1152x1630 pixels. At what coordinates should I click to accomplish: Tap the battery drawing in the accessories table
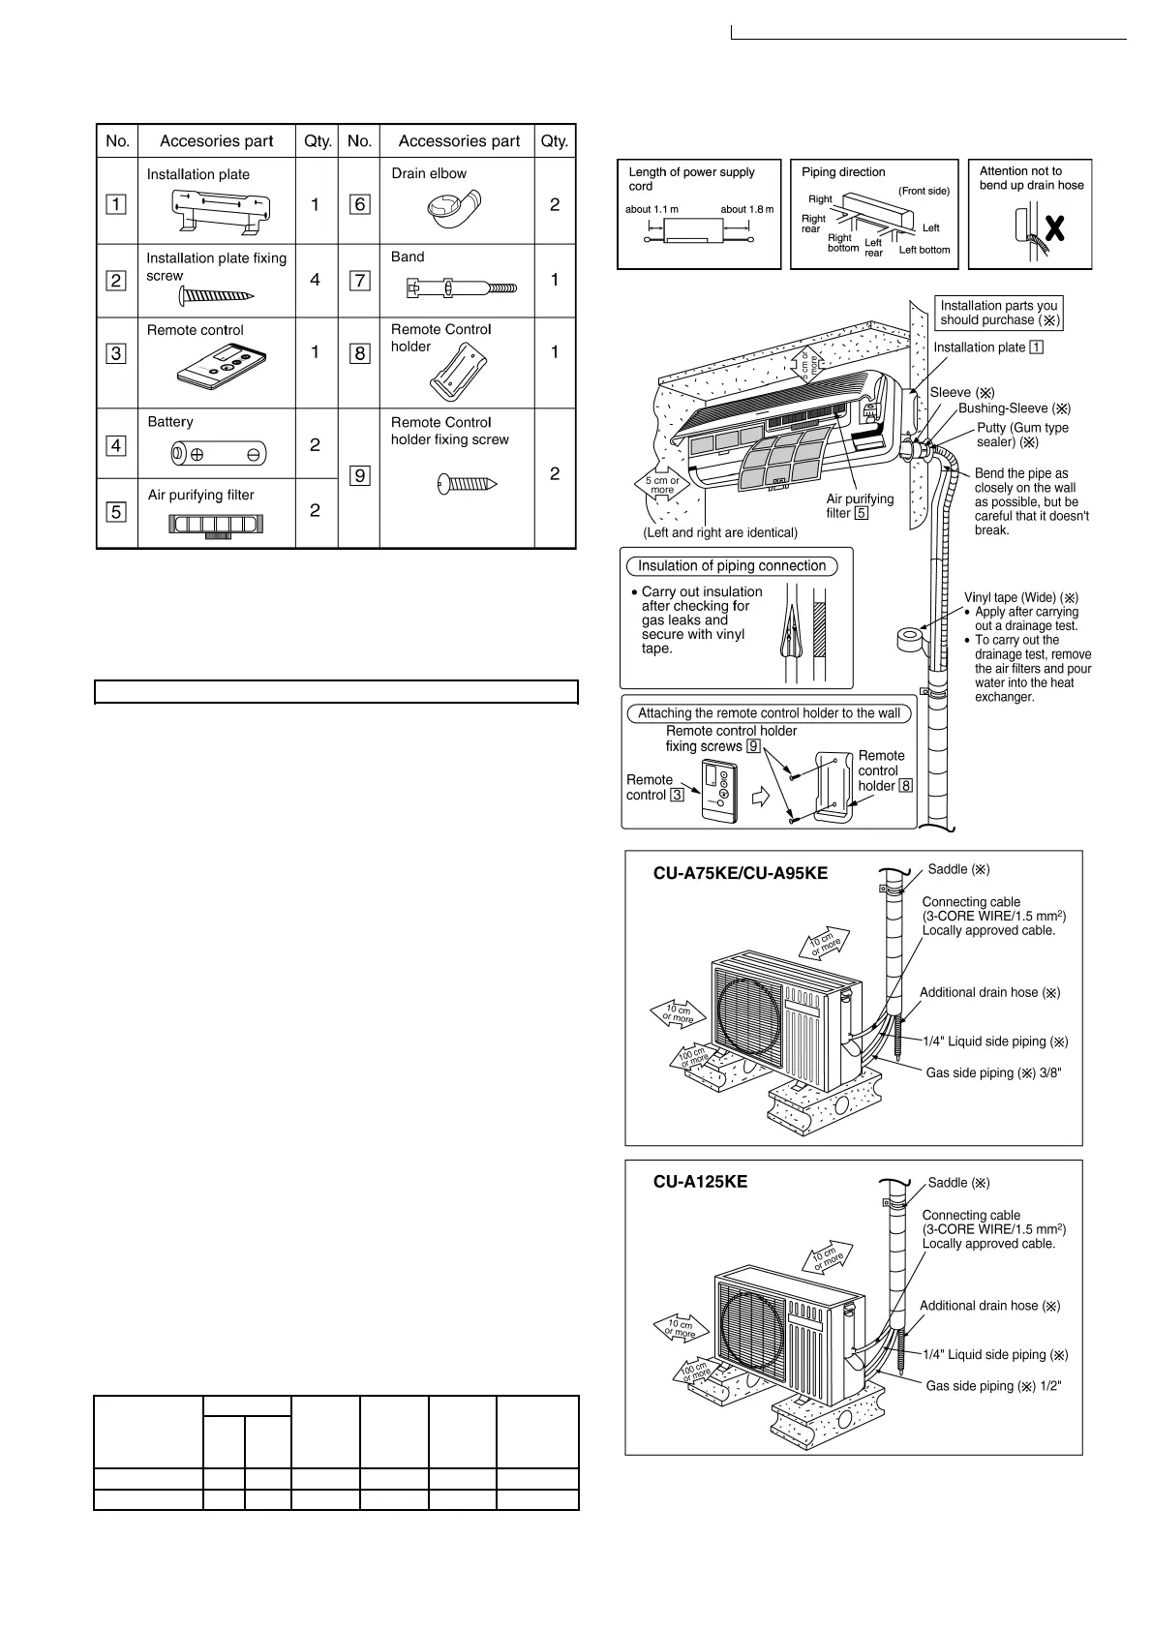click(x=218, y=453)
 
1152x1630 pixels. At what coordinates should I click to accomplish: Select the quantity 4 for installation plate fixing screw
click(x=316, y=280)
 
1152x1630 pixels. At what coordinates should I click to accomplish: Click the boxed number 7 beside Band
click(x=360, y=281)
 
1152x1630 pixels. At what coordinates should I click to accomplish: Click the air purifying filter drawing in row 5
click(x=217, y=525)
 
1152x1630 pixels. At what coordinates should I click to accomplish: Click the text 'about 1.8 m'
click(x=746, y=209)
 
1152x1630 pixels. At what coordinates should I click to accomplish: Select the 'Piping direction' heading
click(x=843, y=172)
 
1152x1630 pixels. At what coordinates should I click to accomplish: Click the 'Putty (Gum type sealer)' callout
click(x=1022, y=435)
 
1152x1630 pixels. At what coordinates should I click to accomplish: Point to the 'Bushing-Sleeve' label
click(x=1014, y=408)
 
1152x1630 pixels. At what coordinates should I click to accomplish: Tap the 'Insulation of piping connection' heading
click(x=732, y=566)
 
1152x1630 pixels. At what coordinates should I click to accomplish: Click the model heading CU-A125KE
click(x=700, y=1182)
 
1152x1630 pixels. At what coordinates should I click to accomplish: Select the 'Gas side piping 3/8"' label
click(x=993, y=1072)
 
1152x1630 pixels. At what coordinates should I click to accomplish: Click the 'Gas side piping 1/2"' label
click(x=993, y=1386)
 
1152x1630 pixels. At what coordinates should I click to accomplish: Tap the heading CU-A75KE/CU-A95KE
click(x=741, y=873)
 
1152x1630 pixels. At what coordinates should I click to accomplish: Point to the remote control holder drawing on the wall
click(x=834, y=787)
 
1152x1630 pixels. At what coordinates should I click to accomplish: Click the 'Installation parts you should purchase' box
click(x=999, y=313)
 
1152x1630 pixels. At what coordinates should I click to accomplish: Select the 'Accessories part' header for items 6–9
click(x=459, y=141)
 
